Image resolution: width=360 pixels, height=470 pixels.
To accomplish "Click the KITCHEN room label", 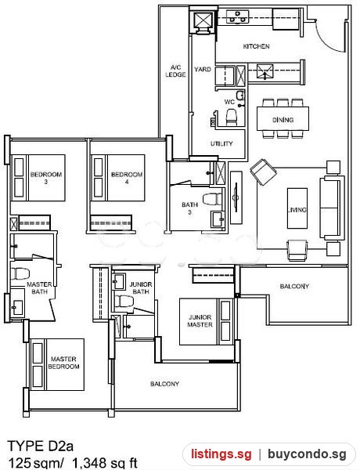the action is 256,46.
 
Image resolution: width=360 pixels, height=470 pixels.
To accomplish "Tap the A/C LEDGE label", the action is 175,71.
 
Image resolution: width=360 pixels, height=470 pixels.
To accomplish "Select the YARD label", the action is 203,69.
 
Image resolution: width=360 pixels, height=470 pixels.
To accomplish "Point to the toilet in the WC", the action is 231,117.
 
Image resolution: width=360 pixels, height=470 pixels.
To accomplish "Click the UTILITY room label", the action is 221,143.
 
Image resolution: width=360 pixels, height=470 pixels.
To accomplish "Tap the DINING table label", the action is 283,120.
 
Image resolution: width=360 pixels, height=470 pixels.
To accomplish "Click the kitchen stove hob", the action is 237,16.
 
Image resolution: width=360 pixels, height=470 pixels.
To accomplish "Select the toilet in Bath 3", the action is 212,199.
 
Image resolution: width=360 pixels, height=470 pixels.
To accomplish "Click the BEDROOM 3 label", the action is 46,178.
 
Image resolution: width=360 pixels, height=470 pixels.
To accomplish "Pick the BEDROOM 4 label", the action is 127,178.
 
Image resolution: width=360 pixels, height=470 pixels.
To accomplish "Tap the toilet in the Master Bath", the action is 20,273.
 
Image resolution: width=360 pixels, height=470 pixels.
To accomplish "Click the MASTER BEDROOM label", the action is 63,363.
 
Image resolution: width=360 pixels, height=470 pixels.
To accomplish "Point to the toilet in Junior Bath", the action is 124,301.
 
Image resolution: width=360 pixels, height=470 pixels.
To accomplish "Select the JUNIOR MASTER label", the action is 200,320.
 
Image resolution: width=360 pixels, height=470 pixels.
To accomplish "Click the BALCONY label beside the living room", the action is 294,286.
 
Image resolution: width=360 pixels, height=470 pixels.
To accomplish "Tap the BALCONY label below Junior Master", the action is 164,384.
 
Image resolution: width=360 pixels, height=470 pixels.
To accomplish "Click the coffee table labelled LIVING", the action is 297,208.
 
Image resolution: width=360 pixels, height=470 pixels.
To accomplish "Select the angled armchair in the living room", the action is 263,172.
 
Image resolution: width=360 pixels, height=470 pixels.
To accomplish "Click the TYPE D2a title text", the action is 41,446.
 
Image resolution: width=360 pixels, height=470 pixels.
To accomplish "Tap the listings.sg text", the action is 221,454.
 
